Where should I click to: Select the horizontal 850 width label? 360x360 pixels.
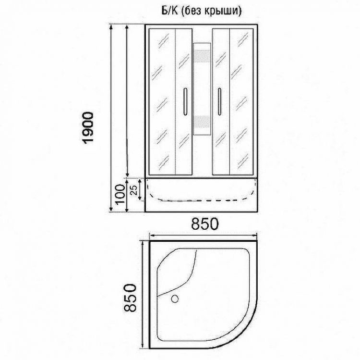(204, 224)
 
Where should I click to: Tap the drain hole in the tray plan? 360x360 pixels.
(175, 298)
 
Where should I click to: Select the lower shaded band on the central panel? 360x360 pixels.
(202, 122)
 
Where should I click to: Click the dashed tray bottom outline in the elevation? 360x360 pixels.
(202, 200)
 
